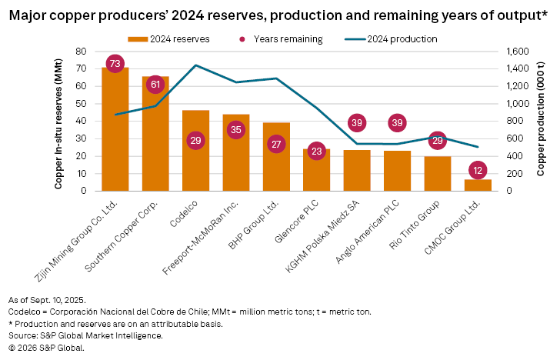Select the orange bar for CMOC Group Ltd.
pos(478,185)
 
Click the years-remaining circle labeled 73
pos(115,64)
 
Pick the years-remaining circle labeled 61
pos(155,85)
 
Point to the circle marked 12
pos(478,171)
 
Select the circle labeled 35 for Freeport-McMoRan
pos(235,130)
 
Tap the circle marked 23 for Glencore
pos(316,152)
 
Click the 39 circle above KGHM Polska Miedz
pos(357,123)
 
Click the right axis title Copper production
pos(541,121)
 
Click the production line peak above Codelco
pos(195,65)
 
